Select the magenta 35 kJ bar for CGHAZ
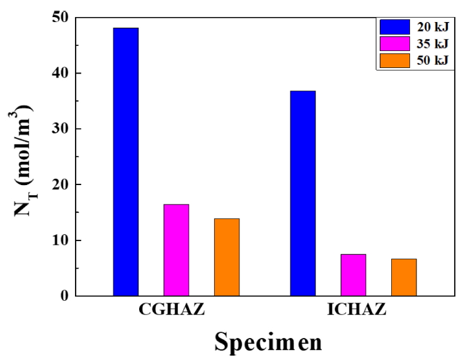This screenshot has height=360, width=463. [176, 250]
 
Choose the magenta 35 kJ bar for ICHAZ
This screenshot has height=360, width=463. [353, 275]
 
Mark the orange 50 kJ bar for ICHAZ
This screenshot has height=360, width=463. [403, 277]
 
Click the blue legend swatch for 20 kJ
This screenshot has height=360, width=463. [395, 27]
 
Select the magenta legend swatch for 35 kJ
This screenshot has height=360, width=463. [395, 43]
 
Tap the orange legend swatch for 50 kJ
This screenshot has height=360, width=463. [395, 60]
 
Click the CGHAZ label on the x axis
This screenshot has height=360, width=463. [176, 313]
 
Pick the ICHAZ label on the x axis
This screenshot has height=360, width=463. [353, 313]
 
